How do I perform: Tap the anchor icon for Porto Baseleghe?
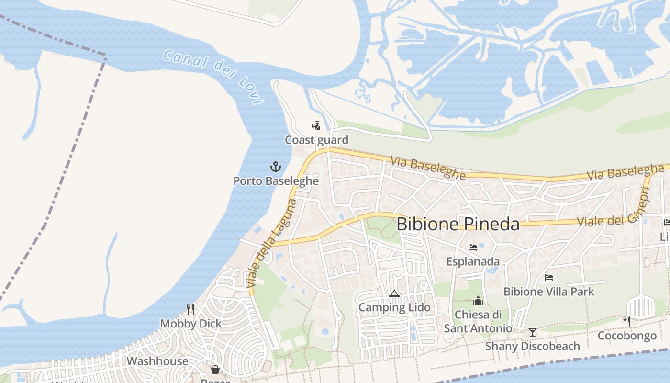click(x=275, y=167)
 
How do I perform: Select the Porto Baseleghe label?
click(x=276, y=181)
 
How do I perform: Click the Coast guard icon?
click(x=316, y=126)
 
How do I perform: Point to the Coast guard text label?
click(x=316, y=140)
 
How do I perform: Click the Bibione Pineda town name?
click(x=458, y=224)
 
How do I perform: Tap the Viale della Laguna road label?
click(x=271, y=244)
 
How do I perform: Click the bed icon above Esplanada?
click(x=473, y=248)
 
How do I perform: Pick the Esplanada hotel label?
click(x=473, y=261)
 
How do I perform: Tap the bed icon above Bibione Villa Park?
click(x=549, y=278)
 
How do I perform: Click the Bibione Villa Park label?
click(x=549, y=292)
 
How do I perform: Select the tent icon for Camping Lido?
click(x=394, y=293)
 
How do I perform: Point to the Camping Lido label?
click(x=394, y=307)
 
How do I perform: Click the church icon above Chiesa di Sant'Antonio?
click(x=478, y=301)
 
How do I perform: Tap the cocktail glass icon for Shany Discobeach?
click(x=532, y=332)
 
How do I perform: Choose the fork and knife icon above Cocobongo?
click(x=626, y=321)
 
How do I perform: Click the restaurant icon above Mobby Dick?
click(x=190, y=309)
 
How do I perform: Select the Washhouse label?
click(x=157, y=361)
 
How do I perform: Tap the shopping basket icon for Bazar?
click(x=215, y=370)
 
